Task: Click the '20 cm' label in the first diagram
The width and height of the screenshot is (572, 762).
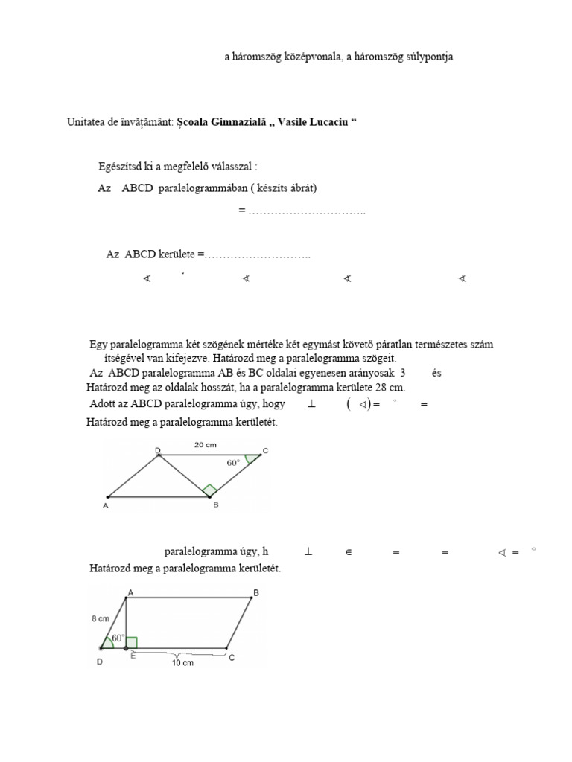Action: [205, 445]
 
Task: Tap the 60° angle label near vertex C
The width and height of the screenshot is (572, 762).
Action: [233, 462]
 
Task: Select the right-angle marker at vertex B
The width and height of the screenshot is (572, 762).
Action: [210, 490]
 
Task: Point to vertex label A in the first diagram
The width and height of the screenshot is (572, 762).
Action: [105, 506]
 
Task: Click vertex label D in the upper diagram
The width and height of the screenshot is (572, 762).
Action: [158, 450]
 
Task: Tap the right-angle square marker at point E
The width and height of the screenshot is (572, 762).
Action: [132, 642]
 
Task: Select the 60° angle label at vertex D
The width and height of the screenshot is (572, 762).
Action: [118, 638]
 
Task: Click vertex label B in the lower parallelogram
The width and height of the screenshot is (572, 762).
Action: [255, 592]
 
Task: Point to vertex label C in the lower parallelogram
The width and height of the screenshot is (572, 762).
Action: [232, 657]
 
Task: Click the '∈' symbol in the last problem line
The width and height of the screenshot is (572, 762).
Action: [348, 552]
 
